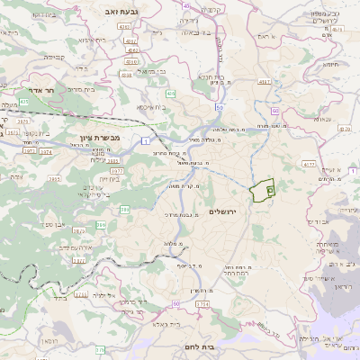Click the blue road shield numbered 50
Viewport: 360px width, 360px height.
click(x=219, y=107)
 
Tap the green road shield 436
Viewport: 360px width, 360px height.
click(x=170, y=94)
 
